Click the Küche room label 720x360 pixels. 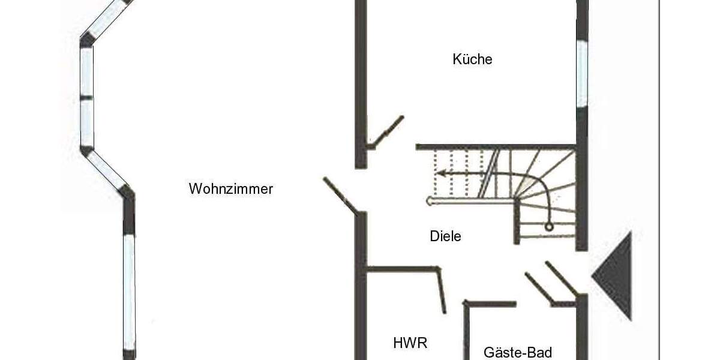pos(472,59)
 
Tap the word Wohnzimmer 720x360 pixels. pos(230,189)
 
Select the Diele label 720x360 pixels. pos(445,236)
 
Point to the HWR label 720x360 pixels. pos(410,343)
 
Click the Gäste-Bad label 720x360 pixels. pos(517,352)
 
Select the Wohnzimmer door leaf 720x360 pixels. pos(340,195)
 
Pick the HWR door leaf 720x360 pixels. pos(442,290)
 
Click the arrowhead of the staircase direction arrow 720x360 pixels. pos(440,174)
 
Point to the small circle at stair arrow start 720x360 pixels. pos(548,227)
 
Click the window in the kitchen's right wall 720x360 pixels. pos(581,73)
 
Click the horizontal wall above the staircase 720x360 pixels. pos(496,146)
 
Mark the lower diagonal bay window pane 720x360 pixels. pos(106,170)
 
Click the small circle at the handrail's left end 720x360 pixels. pos(429,201)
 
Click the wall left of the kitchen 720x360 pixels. pos(360,84)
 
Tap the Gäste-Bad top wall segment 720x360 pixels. pos(490,304)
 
